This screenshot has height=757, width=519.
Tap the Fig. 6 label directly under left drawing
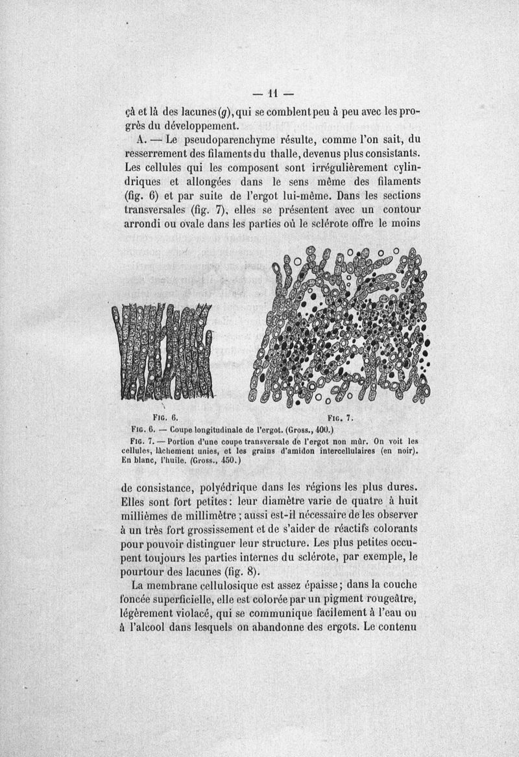(158, 417)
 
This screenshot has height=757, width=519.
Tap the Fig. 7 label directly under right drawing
(340, 417)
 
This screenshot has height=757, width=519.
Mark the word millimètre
(197, 516)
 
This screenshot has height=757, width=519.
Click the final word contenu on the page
(397, 628)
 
